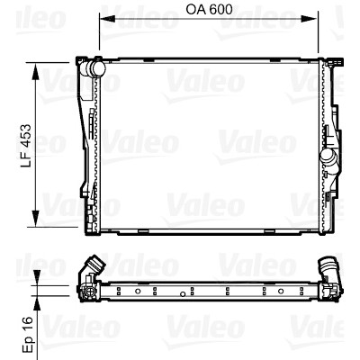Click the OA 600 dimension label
209,10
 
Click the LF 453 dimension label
26,145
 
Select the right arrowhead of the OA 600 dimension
309,19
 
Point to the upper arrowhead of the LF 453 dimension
36,72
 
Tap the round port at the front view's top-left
96,68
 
